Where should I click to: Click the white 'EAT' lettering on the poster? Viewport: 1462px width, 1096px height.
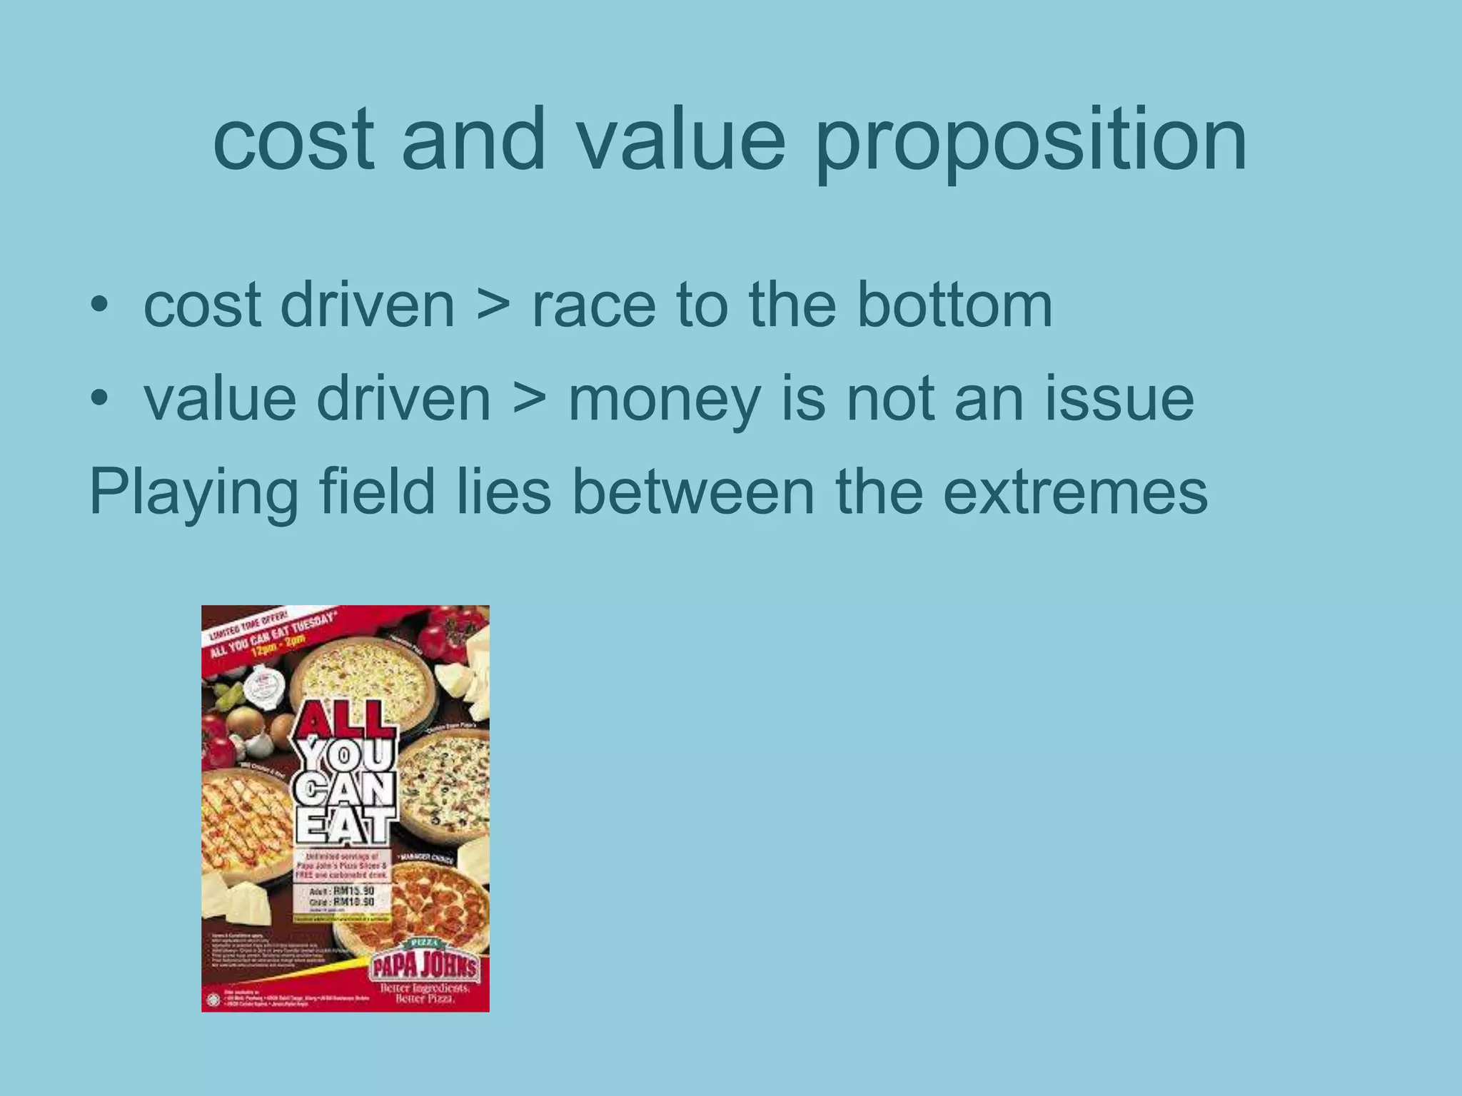click(346, 828)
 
